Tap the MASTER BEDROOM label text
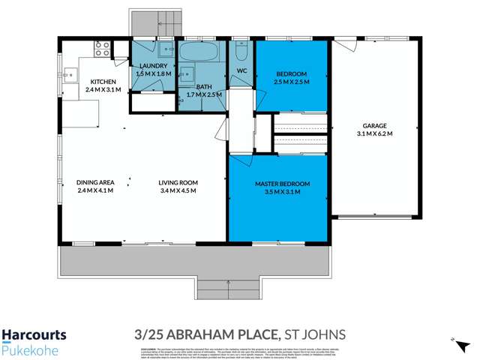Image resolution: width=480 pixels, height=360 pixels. tap(282, 184)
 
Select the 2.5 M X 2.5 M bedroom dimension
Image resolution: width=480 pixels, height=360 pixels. tap(289, 82)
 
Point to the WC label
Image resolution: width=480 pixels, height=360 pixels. tap(241, 71)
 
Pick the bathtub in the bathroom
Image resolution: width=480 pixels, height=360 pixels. tap(198, 55)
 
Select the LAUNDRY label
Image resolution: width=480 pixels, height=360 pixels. tap(153, 65)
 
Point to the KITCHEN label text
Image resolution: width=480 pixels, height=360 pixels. tap(102, 82)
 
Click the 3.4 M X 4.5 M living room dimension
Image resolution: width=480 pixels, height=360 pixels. tap(177, 190)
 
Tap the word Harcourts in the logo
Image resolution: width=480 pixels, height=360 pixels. tap(34, 335)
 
